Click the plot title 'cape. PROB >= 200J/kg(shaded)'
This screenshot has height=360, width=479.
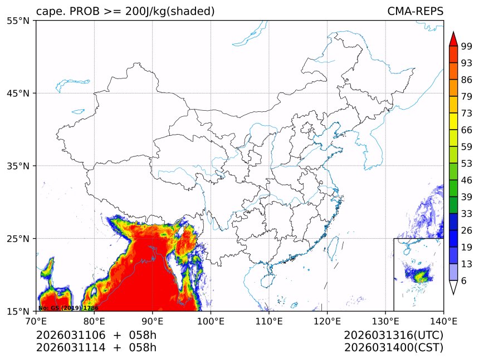click(125, 12)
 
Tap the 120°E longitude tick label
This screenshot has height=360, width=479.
click(327, 320)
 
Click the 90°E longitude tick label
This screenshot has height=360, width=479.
click(152, 320)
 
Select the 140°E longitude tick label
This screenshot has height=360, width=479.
click(443, 320)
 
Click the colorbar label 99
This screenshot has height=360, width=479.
click(467, 46)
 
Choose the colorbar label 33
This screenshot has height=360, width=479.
click(467, 214)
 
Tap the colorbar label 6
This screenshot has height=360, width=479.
click(464, 281)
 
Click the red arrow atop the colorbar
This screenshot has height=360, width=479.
click(453, 39)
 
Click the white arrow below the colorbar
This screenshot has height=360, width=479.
click(453, 287)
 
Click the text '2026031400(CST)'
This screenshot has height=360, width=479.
click(393, 348)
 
